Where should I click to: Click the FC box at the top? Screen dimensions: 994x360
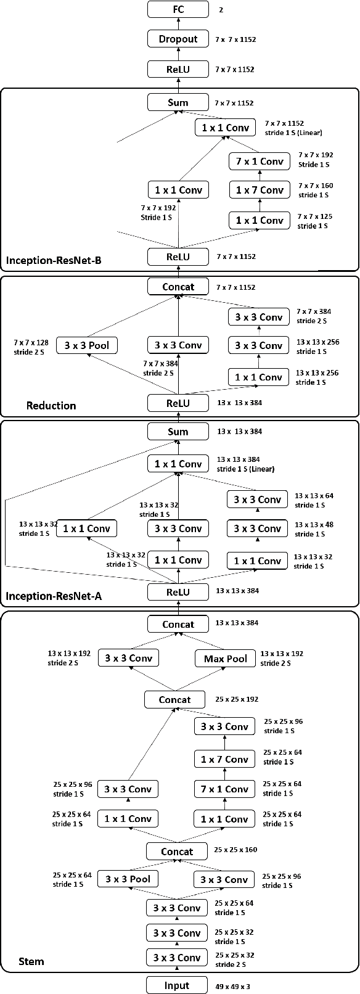tap(178, 9)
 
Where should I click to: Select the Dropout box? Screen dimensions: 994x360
tap(178, 39)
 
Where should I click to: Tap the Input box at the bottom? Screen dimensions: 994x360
tap(177, 985)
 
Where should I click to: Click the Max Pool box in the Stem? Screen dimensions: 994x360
tap(225, 659)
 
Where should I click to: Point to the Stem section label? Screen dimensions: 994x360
tap(31, 961)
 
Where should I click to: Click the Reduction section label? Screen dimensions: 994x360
tap(51, 405)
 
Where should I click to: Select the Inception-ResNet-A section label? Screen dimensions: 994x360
tap(54, 596)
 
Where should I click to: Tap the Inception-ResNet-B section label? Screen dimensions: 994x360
tap(54, 260)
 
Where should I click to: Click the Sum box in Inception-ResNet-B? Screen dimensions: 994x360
tap(178, 102)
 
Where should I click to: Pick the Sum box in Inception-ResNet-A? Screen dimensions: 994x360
tap(178, 432)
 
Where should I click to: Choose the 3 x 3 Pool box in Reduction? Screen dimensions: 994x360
tap(86, 345)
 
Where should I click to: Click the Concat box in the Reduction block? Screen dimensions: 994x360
tap(178, 287)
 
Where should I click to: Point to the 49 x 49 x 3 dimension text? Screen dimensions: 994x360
tap(232, 987)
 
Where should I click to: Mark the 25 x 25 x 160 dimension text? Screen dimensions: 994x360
tap(235, 850)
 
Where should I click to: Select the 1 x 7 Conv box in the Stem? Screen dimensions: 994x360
tap(224, 759)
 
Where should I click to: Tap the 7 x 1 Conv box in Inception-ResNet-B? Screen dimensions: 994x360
tap(259, 162)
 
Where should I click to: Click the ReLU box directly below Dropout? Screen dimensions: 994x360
tap(178, 70)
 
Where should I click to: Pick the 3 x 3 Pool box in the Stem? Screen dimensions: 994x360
tap(128, 879)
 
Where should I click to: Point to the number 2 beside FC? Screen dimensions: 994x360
tap(221, 10)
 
